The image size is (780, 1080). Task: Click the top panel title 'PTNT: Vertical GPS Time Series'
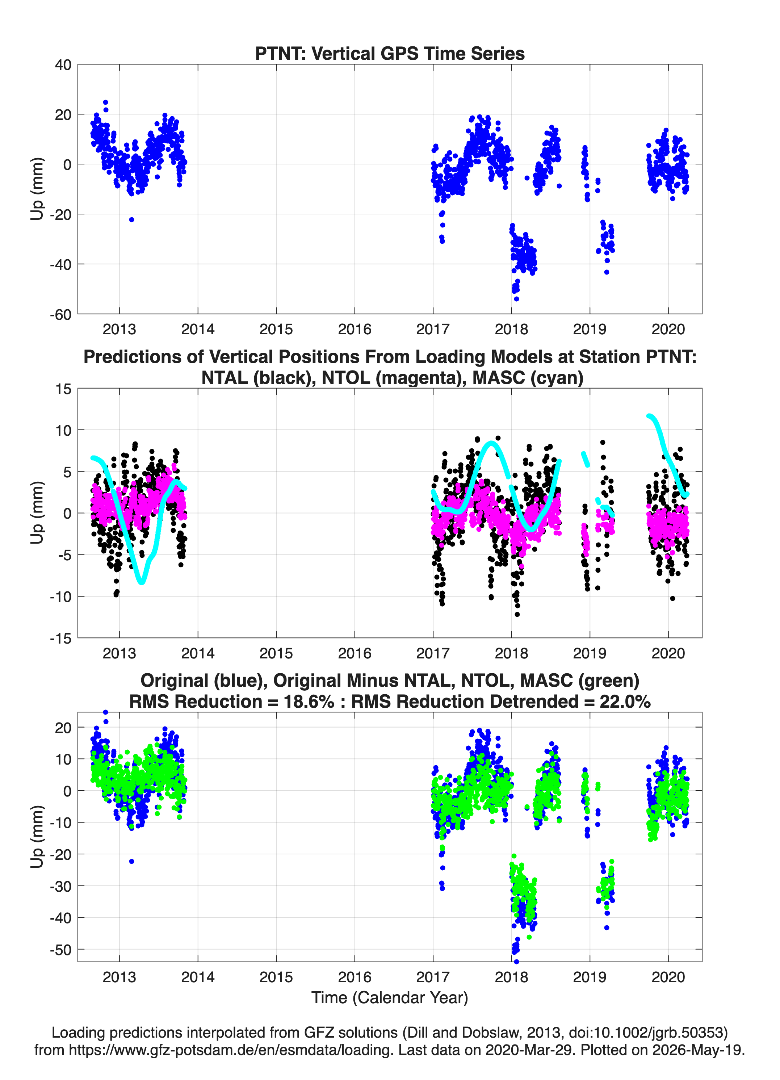(x=390, y=53)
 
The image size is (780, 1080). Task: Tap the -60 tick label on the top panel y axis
(x=60, y=315)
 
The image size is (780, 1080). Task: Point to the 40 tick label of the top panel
(x=63, y=65)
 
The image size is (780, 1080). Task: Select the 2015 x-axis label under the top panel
(x=276, y=329)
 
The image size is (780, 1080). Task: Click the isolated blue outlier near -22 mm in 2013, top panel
(x=131, y=219)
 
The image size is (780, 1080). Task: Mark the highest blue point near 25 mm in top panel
(x=106, y=102)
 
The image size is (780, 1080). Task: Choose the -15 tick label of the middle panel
(x=60, y=639)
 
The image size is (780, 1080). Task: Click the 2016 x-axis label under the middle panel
(x=355, y=653)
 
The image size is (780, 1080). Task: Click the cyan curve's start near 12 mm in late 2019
(x=649, y=416)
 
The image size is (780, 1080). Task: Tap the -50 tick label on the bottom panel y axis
(x=60, y=950)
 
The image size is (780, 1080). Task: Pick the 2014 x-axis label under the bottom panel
(x=198, y=977)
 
